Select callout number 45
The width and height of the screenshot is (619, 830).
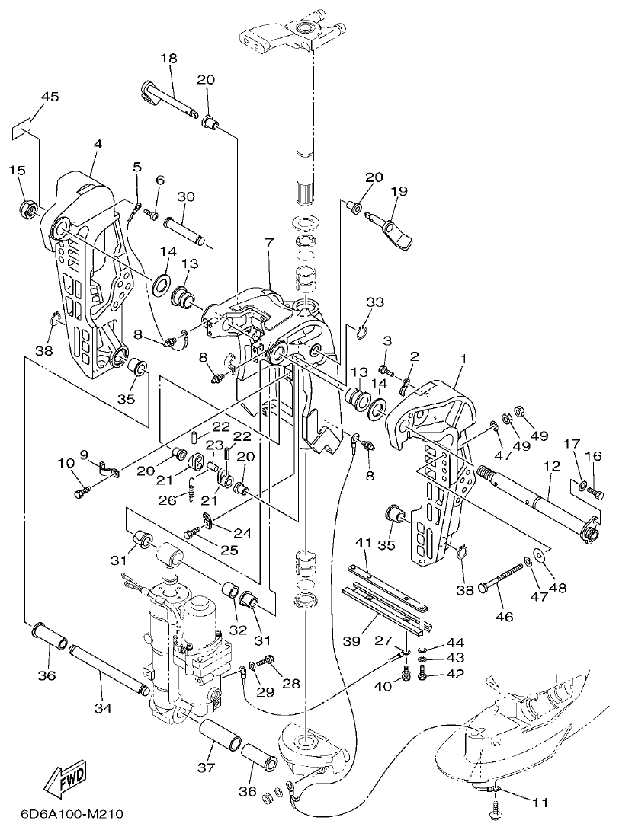[x=50, y=97]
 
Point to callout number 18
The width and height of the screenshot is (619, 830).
[x=168, y=58]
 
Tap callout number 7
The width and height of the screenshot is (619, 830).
[x=268, y=243]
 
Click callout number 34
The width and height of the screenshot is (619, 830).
[x=103, y=707]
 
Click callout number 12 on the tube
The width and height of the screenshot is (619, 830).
[x=552, y=465]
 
